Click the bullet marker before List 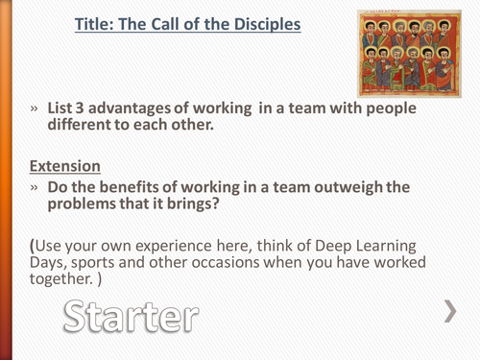point(36,109)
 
